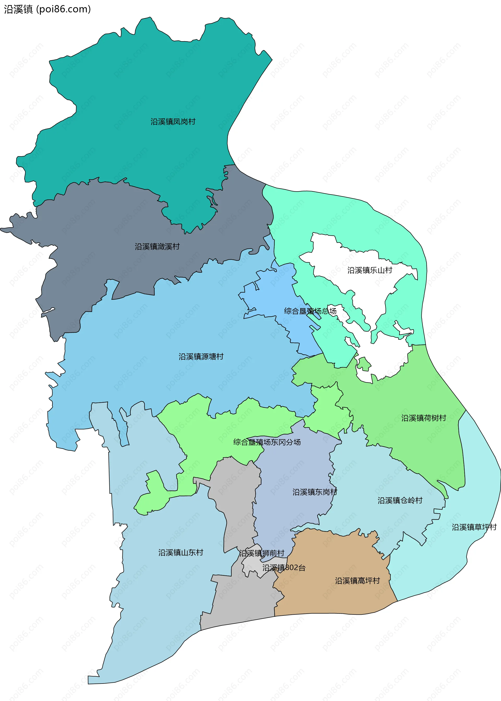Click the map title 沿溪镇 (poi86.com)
[x=47, y=9]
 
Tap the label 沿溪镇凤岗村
[x=173, y=122]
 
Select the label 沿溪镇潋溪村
[x=157, y=247]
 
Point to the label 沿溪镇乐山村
[x=369, y=270]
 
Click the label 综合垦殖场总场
[x=310, y=311]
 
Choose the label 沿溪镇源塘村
[x=201, y=357]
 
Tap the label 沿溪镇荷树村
[x=424, y=418]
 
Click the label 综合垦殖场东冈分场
[x=267, y=442]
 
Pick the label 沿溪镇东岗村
[x=315, y=492]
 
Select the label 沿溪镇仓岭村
[x=400, y=501]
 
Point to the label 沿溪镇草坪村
[x=474, y=527]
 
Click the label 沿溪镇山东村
[x=181, y=552]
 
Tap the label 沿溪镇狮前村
[x=262, y=553]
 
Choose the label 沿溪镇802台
[x=284, y=568]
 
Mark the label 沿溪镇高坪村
[x=357, y=581]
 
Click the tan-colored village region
[x=333, y=601]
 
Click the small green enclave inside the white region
[x=364, y=364]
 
